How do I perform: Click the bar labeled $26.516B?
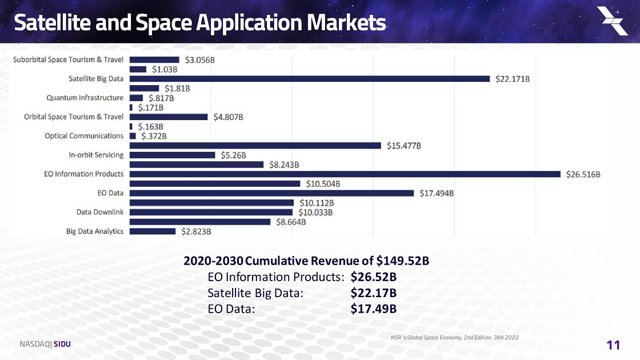click(345, 174)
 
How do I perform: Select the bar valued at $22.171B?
click(310, 79)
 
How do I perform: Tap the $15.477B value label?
click(404, 146)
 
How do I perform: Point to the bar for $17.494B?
click(272, 193)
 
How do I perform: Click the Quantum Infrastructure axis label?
click(85, 98)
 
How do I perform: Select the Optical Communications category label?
click(84, 136)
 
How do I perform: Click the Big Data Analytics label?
click(95, 231)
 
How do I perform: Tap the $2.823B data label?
click(197, 231)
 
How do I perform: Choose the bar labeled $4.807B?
click(169, 117)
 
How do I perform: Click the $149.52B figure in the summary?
click(403, 261)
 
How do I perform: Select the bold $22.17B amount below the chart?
click(373, 293)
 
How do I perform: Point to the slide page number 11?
click(613, 345)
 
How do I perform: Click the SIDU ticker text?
click(62, 344)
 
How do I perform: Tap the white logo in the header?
click(612, 21)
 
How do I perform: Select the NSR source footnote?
click(453, 338)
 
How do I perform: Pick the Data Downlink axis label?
click(100, 212)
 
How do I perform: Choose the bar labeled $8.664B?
click(200, 222)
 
